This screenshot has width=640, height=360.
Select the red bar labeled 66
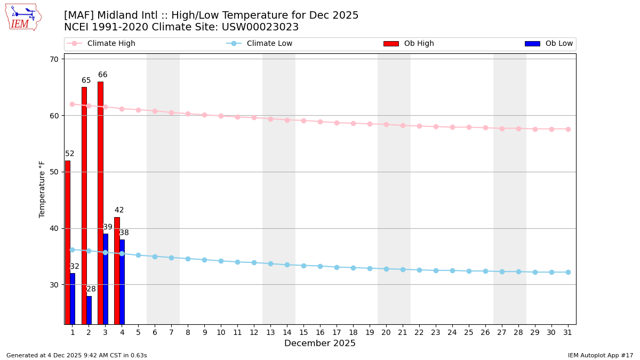tap(100, 203)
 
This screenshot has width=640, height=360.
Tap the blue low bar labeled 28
tap(89, 310)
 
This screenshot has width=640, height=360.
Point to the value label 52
tap(70, 154)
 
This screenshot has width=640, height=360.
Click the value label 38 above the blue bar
tap(124, 233)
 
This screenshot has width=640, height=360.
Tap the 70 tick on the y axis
tap(54, 59)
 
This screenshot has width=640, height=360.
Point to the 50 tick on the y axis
tap(54, 172)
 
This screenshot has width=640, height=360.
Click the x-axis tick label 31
tap(568, 332)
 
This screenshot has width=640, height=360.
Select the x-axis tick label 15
tap(303, 332)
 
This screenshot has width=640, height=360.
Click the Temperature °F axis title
tap(43, 189)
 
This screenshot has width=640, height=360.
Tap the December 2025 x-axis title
tap(320, 343)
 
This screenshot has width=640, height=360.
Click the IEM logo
tap(23, 17)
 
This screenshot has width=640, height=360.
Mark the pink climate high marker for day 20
tap(386, 124)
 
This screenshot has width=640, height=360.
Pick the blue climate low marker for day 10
tap(221, 261)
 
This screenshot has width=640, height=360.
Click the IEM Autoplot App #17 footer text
tap(601, 355)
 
